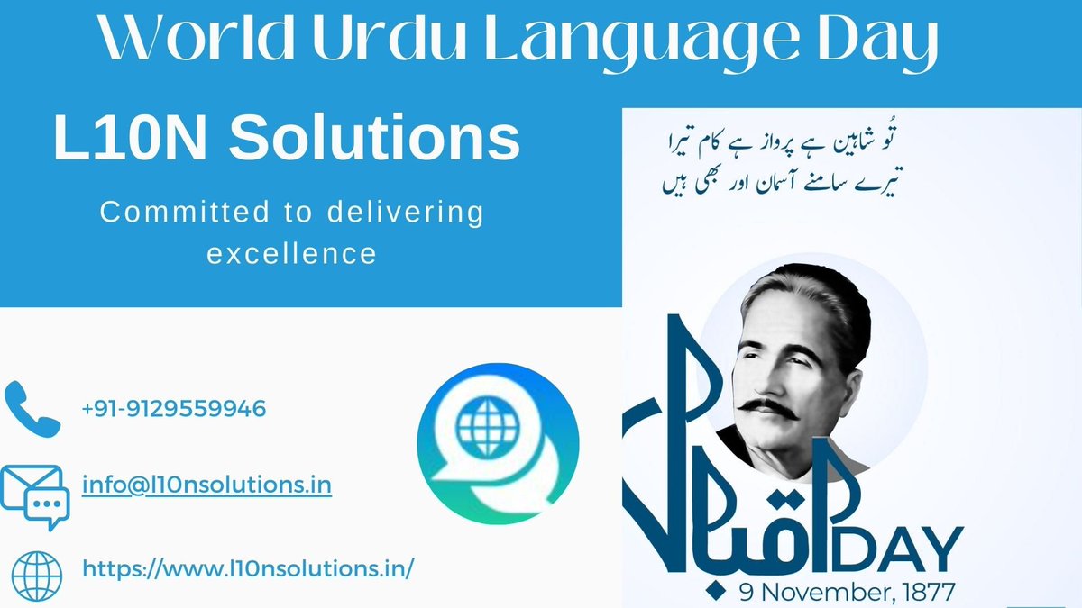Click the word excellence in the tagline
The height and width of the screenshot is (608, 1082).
tap(291, 254)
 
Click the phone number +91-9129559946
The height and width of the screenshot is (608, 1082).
tap(174, 409)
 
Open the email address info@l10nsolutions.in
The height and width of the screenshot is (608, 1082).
tap(206, 485)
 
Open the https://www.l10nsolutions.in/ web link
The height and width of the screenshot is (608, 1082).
tap(248, 568)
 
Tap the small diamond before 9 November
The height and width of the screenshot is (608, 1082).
tap(719, 592)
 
